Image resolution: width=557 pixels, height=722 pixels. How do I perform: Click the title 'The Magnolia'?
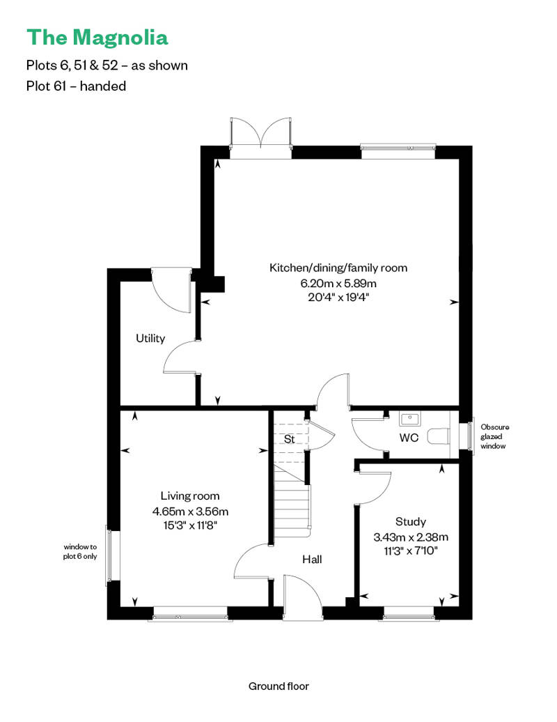[97, 38]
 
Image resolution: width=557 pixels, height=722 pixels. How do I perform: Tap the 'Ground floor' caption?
[278, 686]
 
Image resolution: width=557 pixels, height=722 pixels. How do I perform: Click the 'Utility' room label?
[150, 339]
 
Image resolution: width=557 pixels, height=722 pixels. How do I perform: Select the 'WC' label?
[409, 438]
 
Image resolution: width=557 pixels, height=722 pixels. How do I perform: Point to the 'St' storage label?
[289, 439]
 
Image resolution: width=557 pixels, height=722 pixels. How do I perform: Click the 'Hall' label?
[312, 560]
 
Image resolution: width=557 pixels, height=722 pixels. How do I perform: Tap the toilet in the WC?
[439, 436]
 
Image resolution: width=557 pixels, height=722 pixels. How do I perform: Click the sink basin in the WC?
[409, 419]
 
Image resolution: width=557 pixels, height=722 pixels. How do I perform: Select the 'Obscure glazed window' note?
[494, 436]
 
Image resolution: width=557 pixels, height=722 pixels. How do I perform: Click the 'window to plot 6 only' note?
[80, 552]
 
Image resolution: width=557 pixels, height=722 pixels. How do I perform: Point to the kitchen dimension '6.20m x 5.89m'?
[338, 283]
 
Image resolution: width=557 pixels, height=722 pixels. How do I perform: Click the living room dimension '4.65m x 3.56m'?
[190, 511]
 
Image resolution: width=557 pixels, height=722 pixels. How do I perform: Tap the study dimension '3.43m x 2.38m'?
[411, 537]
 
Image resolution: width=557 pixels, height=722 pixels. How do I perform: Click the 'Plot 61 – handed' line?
[76, 86]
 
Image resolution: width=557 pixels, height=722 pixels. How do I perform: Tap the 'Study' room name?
[411, 522]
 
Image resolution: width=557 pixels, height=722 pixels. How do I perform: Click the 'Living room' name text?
[190, 496]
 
